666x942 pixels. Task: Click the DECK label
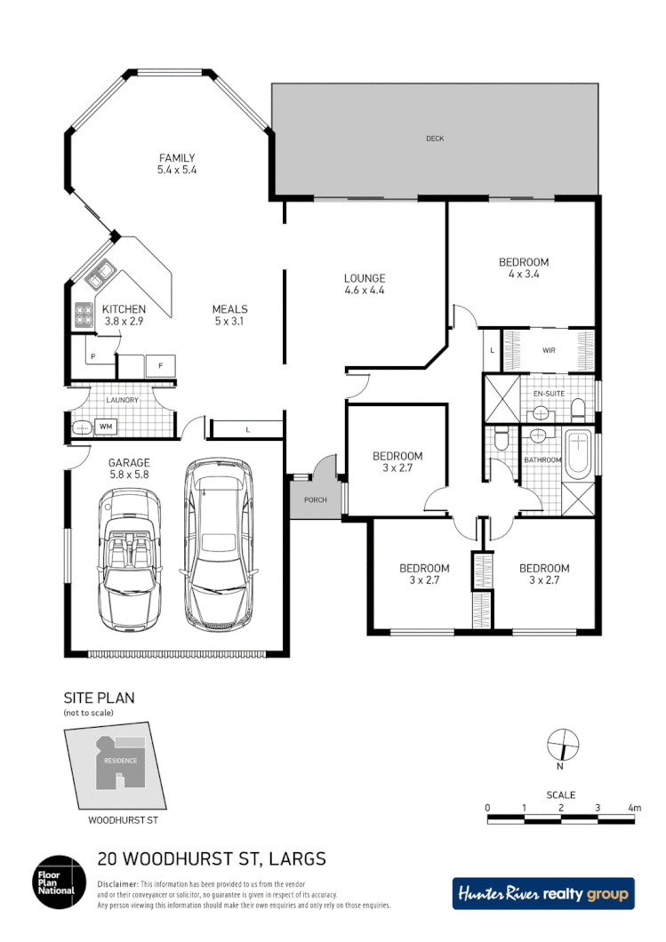[434, 139]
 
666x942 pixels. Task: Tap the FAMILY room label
[176, 158]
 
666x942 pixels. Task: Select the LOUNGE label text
[364, 277]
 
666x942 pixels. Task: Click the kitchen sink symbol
[98, 275]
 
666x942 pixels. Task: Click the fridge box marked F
[160, 365]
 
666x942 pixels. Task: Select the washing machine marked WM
[105, 427]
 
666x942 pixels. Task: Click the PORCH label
[315, 500]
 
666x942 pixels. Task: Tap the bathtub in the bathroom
[579, 452]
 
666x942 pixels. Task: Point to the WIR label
[549, 350]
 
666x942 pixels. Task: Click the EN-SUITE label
[549, 392]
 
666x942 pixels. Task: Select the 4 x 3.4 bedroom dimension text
[523, 275]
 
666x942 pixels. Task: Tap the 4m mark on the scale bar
[633, 808]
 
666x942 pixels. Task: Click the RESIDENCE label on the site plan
[120, 761]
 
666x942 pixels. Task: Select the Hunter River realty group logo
[543, 893]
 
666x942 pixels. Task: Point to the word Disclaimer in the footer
[117, 884]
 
